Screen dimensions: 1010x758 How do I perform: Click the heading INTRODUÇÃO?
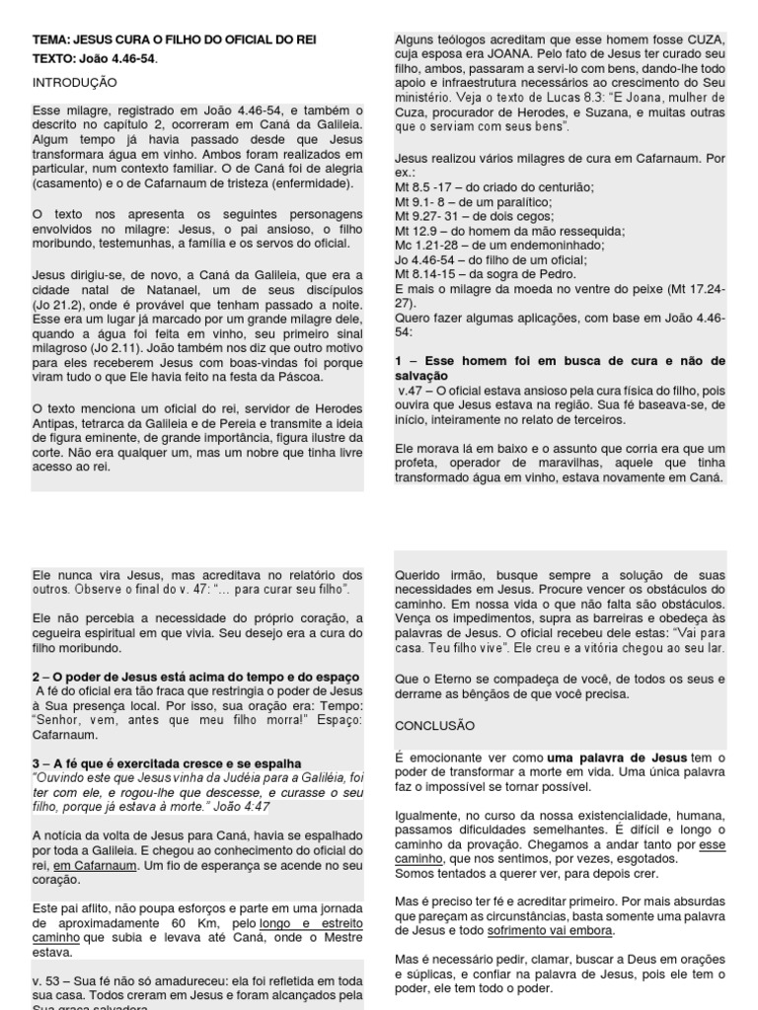(74, 83)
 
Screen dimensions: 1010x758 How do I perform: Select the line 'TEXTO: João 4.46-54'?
(94, 58)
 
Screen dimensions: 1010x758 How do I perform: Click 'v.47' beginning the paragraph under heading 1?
(414, 391)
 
